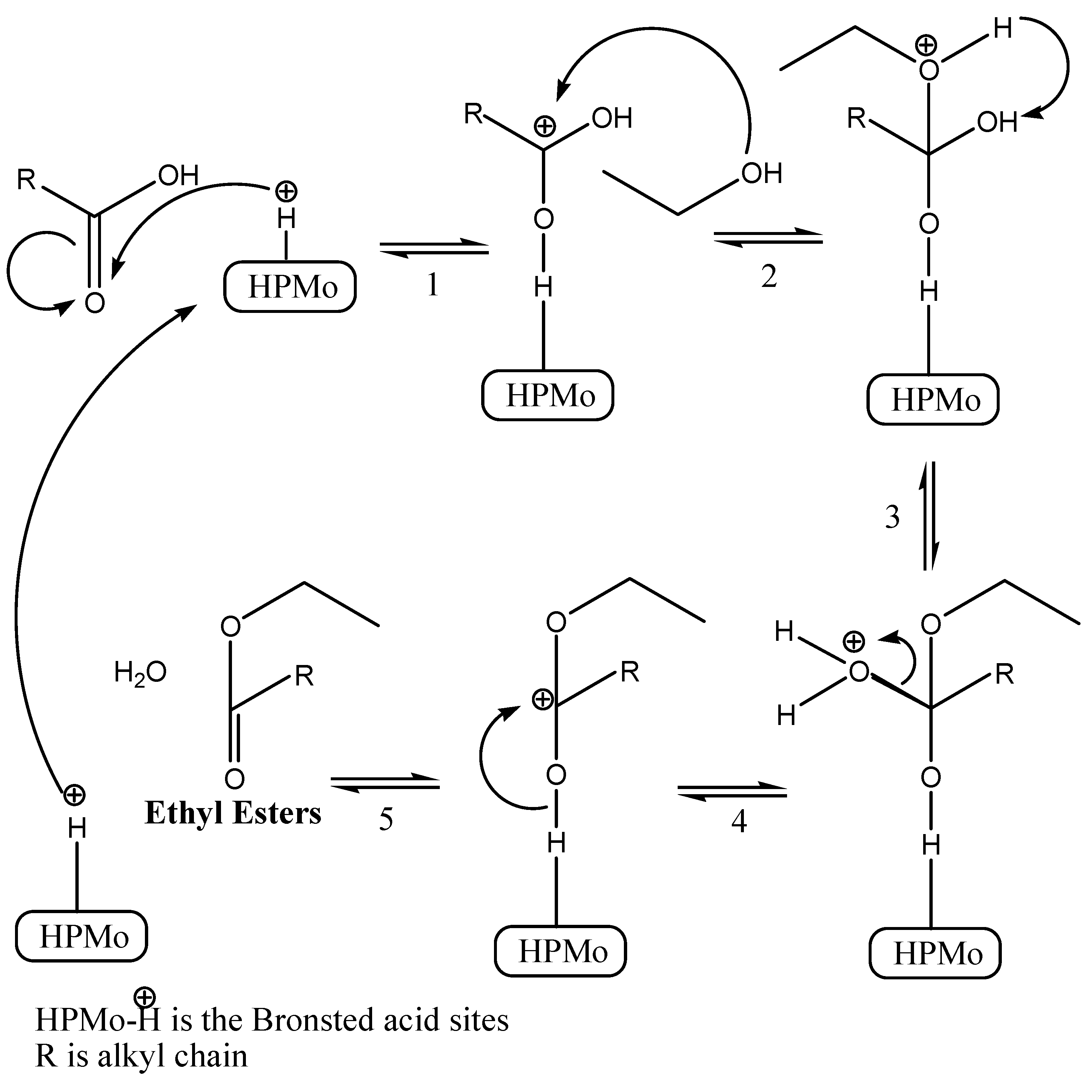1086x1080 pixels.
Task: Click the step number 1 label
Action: click(432, 284)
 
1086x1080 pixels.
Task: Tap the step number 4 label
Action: click(739, 821)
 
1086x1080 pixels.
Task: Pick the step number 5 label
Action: click(386, 819)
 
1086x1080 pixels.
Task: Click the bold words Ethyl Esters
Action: click(233, 813)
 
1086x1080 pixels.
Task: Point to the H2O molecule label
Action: click(140, 672)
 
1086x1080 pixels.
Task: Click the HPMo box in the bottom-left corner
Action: click(82, 937)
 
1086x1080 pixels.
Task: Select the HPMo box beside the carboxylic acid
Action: click(290, 287)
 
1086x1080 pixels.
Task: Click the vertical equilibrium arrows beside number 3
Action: click(929, 516)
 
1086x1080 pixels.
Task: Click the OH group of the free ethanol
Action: click(762, 173)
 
